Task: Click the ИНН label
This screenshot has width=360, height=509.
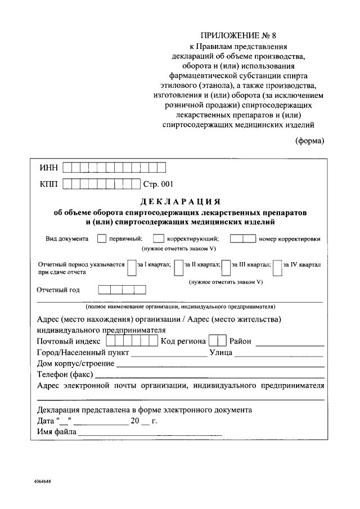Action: pyautogui.click(x=48, y=168)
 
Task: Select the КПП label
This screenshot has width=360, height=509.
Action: pyautogui.click(x=49, y=184)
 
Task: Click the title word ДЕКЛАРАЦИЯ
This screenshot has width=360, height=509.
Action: pyautogui.click(x=178, y=202)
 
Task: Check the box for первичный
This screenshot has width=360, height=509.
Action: pyautogui.click(x=101, y=238)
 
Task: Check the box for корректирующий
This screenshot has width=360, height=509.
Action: pyautogui.click(x=159, y=238)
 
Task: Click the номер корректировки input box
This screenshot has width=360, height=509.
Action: pyautogui.click(x=242, y=238)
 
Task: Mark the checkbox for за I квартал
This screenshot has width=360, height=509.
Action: pyautogui.click(x=132, y=267)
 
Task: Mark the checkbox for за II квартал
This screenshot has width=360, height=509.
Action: pyautogui.click(x=178, y=267)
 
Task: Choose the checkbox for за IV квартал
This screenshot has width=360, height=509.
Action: pyautogui.click(x=277, y=267)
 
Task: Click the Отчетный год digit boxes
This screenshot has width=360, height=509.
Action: pyautogui.click(x=122, y=290)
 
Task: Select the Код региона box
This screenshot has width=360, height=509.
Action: pyautogui.click(x=217, y=341)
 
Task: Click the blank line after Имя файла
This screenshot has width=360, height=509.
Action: pyautogui.click(x=150, y=434)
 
